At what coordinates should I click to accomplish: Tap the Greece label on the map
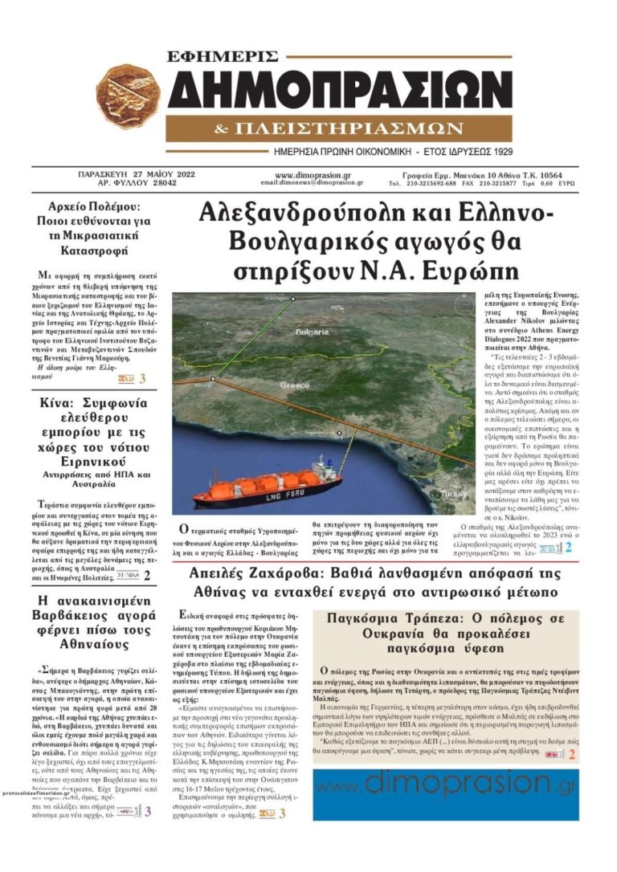(294, 385)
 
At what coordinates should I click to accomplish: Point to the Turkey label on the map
(460, 492)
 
